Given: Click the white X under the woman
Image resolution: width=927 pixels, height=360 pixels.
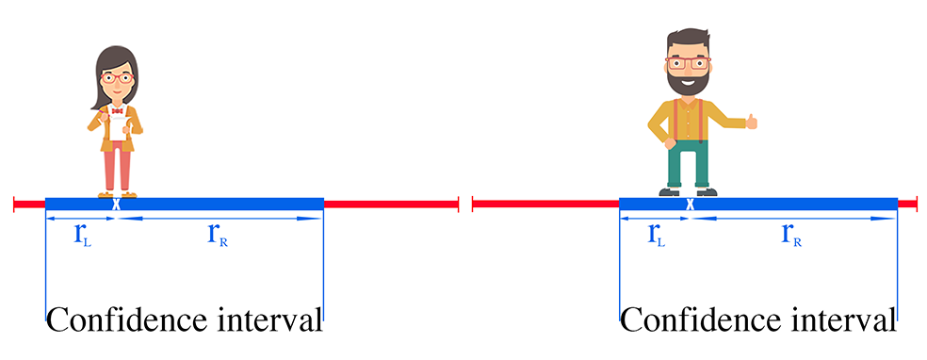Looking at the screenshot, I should tap(116, 204).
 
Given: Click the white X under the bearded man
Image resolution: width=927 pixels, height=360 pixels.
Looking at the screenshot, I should tap(690, 204).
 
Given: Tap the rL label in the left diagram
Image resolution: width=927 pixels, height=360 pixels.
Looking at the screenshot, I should tap(82, 236).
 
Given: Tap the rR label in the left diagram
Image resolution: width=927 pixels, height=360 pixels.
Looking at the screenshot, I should tap(219, 236).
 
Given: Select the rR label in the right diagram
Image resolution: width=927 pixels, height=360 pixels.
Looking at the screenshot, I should tap(792, 236).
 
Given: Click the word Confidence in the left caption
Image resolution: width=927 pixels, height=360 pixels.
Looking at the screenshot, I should tap(122, 319).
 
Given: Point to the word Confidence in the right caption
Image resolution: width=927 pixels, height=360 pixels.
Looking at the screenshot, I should tap(695, 319).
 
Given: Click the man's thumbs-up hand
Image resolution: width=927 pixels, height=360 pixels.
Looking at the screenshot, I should tap(750, 121).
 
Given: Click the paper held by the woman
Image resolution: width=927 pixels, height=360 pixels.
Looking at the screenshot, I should tap(116, 126).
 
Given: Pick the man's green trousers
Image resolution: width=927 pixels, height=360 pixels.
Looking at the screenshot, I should tap(687, 167).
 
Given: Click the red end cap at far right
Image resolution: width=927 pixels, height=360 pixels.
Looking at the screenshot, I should tap(914, 203).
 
